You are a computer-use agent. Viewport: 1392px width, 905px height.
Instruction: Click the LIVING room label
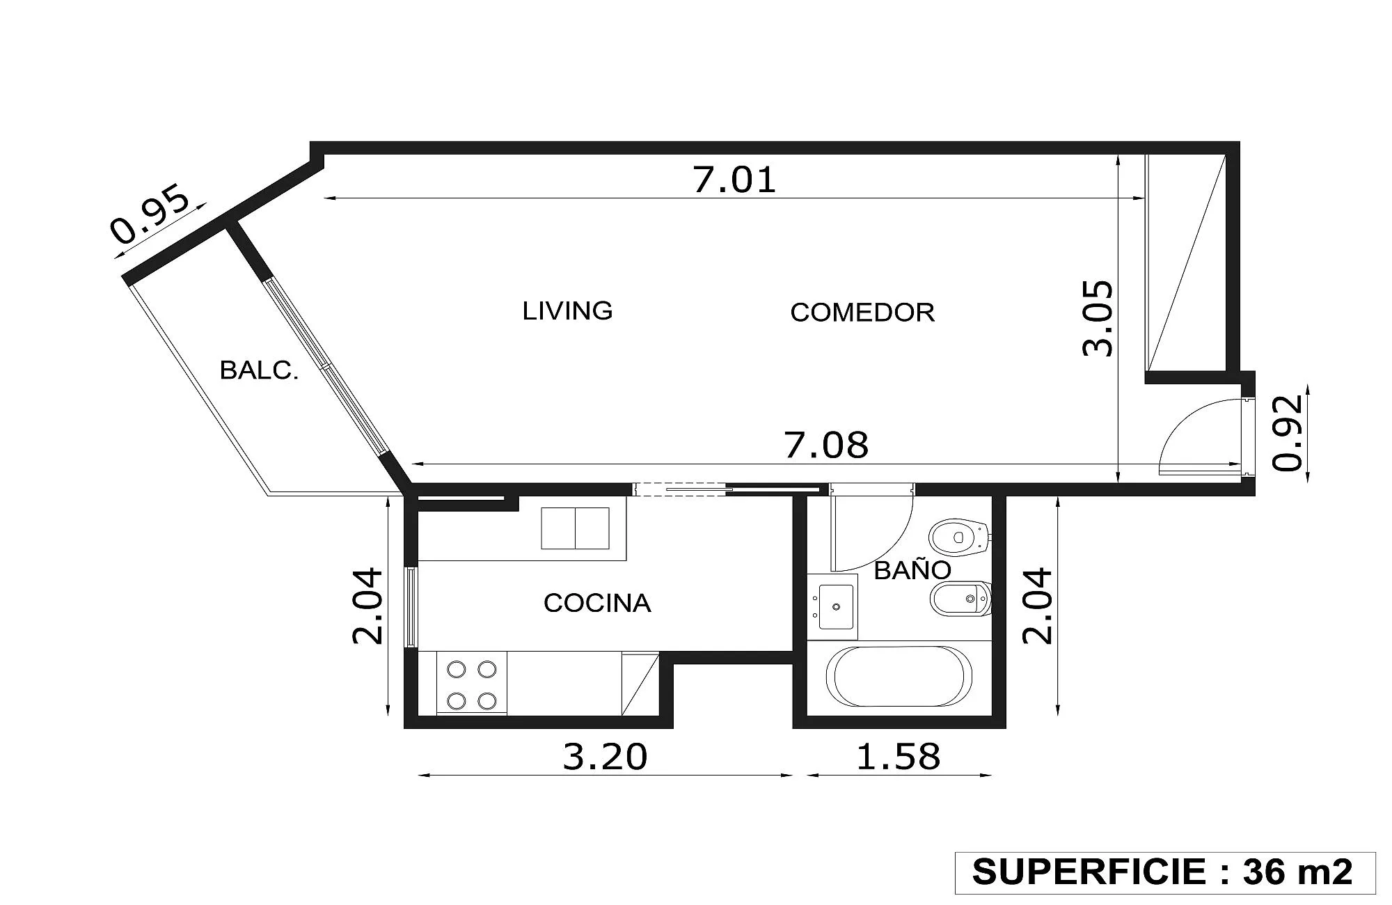pyautogui.click(x=567, y=310)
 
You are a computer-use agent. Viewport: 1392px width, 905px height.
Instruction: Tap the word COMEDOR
pyautogui.click(x=862, y=313)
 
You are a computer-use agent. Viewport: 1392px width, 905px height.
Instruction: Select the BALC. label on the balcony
pyautogui.click(x=259, y=370)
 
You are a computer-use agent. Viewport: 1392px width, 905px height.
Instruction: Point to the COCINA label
pyautogui.click(x=597, y=603)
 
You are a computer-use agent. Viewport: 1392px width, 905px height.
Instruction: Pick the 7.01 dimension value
pyautogui.click(x=734, y=180)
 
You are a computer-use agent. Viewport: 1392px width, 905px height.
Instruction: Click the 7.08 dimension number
pyautogui.click(x=827, y=446)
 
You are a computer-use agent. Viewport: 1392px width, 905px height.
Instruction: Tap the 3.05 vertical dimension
pyautogui.click(x=1098, y=318)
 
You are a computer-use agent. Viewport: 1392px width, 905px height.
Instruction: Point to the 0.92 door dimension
pyautogui.click(x=1287, y=433)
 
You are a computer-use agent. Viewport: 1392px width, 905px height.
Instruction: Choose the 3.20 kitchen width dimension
pyautogui.click(x=605, y=757)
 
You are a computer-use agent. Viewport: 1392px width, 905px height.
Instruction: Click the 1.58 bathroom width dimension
pyautogui.click(x=898, y=757)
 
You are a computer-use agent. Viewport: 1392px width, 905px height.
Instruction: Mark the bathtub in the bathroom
pyautogui.click(x=899, y=677)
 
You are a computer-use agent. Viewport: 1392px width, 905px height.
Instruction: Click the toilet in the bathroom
pyautogui.click(x=960, y=537)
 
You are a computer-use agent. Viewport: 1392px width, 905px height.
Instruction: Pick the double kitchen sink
pyautogui.click(x=576, y=528)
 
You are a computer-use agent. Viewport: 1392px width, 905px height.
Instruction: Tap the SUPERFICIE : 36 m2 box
pyautogui.click(x=1165, y=873)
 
